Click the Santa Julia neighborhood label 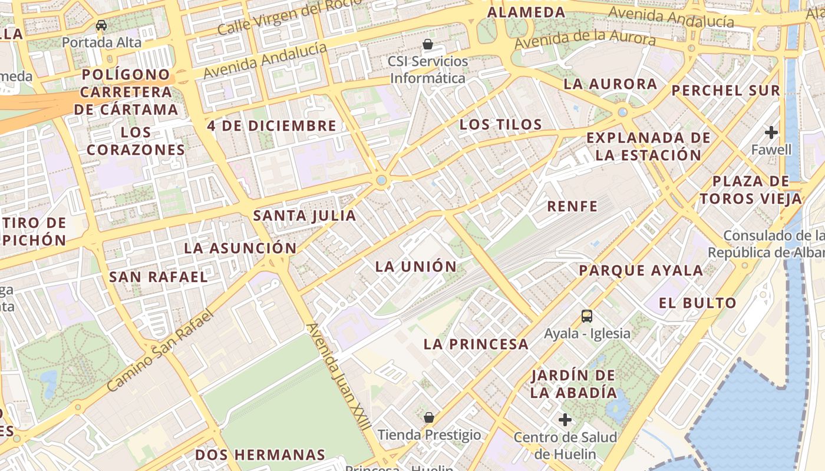point(305,215)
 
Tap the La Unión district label point(416,267)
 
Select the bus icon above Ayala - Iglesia point(587,316)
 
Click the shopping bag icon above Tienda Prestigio point(429,417)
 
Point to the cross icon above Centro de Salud point(565,420)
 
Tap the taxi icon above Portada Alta point(101,25)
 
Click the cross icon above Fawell point(771,132)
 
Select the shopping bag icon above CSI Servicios point(428,44)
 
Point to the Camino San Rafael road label point(159,351)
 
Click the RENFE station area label point(572,207)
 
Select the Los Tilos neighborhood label point(500,124)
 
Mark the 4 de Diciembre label point(272,126)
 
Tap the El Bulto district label point(698,303)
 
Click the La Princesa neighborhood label point(476,344)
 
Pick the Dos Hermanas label point(260,455)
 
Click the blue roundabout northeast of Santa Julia point(381,180)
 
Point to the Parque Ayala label point(641,271)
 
